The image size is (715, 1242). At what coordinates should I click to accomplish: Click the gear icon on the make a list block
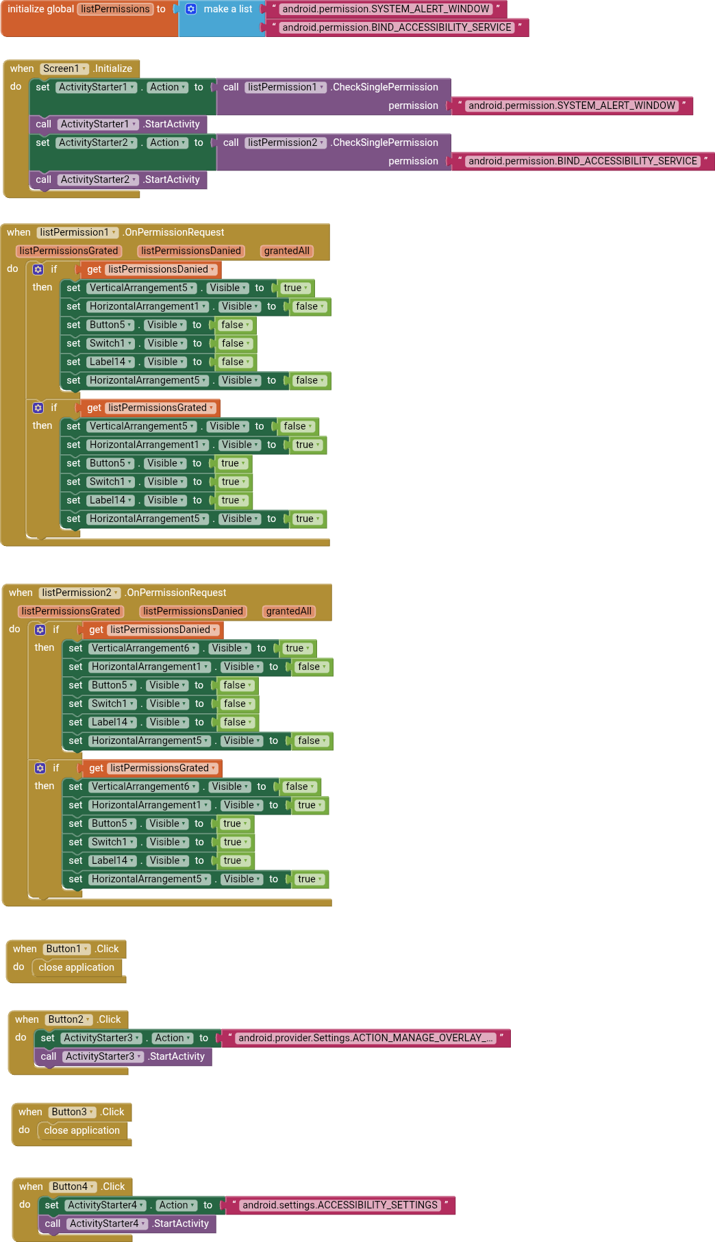click(x=191, y=10)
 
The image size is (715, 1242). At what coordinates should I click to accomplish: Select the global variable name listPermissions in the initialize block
click(x=115, y=10)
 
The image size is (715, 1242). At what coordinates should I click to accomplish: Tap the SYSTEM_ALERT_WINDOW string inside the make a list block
click(x=386, y=10)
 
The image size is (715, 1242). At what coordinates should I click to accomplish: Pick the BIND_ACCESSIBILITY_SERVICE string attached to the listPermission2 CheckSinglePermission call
click(x=583, y=161)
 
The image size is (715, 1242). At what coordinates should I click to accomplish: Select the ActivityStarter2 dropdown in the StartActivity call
click(x=98, y=179)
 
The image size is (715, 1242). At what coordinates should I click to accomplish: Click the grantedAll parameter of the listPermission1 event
click(x=287, y=251)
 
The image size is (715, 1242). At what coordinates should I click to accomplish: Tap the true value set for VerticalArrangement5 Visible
click(x=296, y=288)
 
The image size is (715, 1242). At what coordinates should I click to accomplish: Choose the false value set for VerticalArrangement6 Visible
click(x=300, y=787)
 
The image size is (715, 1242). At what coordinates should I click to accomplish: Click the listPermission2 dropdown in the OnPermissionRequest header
click(x=79, y=593)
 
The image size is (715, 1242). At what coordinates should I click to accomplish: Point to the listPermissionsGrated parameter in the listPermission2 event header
click(x=71, y=611)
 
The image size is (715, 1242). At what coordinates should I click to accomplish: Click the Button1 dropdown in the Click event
click(x=67, y=949)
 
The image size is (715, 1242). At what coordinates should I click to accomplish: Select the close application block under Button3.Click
click(x=81, y=1130)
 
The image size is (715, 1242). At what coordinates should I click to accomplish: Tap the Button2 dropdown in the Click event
click(x=69, y=1019)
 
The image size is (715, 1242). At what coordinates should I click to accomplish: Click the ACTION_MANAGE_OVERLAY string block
click(x=365, y=1038)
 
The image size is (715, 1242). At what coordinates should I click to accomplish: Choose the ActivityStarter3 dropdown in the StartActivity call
click(x=104, y=1056)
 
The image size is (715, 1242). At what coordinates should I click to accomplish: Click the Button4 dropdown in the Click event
click(x=73, y=1187)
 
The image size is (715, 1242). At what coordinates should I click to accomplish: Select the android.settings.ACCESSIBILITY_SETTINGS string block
click(x=340, y=1205)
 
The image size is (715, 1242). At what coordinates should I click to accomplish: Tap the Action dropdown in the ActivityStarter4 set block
click(x=177, y=1205)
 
